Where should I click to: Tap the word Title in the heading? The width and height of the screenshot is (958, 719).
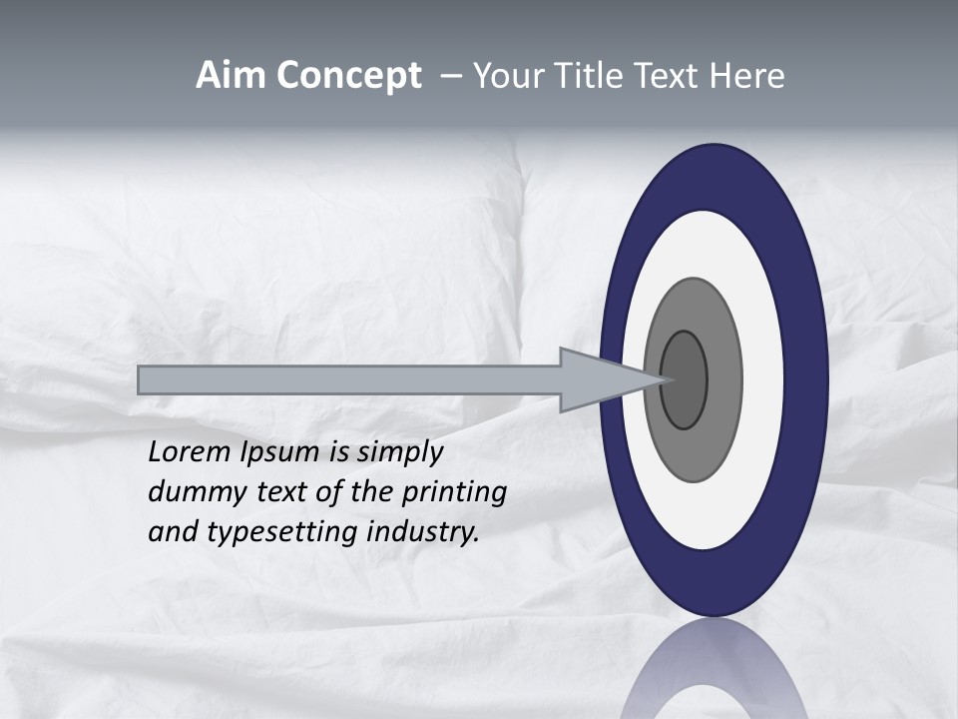583,76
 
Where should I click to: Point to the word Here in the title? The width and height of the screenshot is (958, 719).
748,76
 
